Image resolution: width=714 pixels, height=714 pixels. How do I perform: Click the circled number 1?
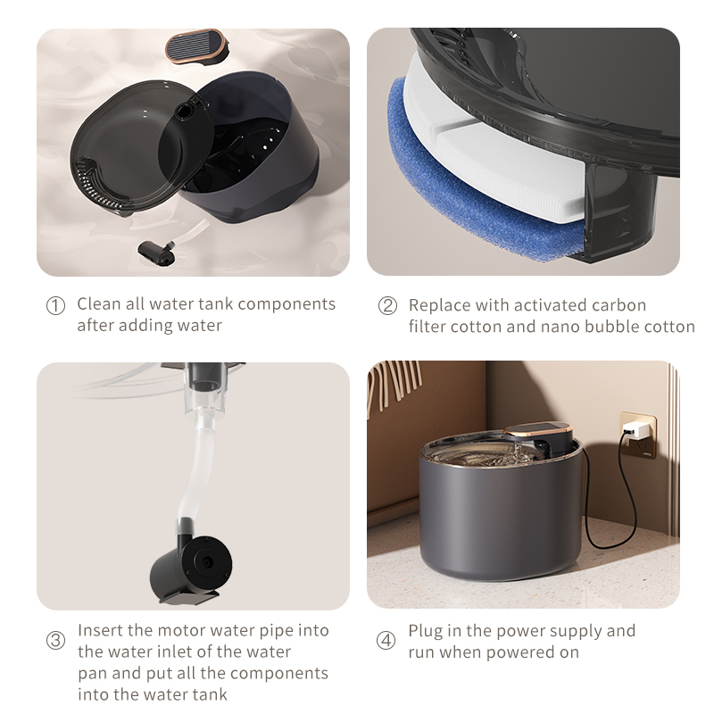coord(55,305)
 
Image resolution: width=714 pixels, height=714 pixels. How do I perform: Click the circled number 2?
coord(387,305)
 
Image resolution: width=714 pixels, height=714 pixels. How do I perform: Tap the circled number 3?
coord(55,641)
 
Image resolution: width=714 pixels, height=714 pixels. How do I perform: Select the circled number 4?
coord(386,641)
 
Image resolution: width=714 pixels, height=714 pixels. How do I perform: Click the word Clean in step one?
coord(98,304)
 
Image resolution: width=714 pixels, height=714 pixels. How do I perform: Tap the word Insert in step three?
coord(101,630)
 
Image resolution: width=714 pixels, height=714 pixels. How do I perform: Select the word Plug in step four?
coord(426,631)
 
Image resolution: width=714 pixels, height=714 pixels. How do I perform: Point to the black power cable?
coord(607,500)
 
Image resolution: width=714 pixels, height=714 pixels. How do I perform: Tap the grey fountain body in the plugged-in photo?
coord(500,527)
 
